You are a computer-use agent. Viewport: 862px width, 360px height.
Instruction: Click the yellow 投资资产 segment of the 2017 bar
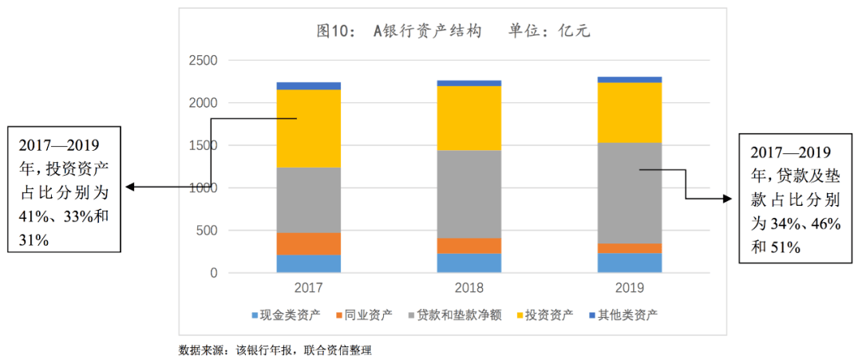[308, 128]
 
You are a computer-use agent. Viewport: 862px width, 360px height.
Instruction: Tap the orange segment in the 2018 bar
[469, 245]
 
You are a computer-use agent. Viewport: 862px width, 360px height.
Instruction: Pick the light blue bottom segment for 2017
[308, 263]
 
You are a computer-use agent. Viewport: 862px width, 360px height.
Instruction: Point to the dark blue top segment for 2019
[630, 79]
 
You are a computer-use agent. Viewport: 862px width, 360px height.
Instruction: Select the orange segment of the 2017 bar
[308, 243]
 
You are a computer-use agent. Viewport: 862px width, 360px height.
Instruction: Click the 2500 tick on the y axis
[202, 61]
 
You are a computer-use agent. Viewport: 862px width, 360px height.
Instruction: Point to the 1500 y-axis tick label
[202, 146]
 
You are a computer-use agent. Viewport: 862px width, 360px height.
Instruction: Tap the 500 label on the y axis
[207, 231]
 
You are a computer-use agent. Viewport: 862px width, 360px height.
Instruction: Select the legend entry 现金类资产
[287, 314]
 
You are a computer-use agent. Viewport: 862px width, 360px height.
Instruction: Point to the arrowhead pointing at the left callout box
[129, 188]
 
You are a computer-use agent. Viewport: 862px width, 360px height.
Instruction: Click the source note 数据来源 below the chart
[275, 350]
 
